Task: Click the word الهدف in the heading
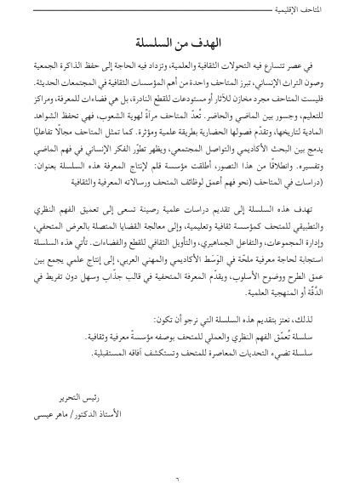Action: [x=203, y=42]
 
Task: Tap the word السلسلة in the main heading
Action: [x=153, y=42]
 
